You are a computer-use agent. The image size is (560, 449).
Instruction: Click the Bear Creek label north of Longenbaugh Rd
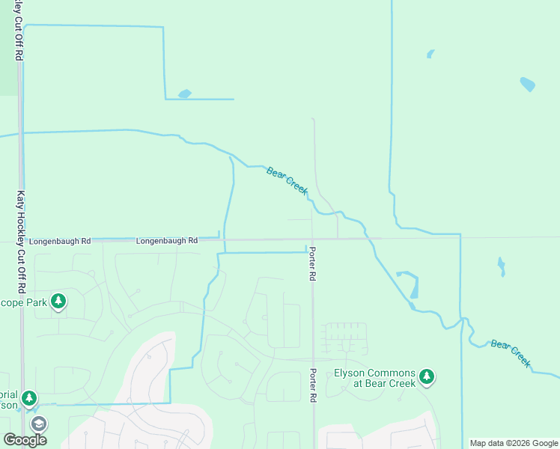[x=287, y=182]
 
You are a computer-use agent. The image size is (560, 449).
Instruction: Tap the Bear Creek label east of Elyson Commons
[x=511, y=354]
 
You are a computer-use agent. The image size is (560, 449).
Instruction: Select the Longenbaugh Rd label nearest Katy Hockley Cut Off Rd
[x=59, y=241]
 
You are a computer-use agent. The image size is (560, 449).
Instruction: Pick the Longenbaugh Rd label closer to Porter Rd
[x=167, y=241]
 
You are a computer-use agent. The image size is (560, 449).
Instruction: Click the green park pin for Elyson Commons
[x=427, y=376]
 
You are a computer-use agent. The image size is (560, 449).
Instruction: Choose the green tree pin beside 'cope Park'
[x=58, y=302]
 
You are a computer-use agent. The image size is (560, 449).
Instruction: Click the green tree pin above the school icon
[x=29, y=398]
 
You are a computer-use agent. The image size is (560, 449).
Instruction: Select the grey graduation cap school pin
[x=38, y=424]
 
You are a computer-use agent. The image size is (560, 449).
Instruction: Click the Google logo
[x=25, y=440]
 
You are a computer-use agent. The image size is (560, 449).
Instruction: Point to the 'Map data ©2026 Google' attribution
[x=514, y=443]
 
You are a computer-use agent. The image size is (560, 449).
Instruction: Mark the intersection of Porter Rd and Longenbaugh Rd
[x=313, y=239]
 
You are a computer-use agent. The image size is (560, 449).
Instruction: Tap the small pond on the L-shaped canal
[x=184, y=94]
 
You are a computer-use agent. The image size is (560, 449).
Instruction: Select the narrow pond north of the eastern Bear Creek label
[x=501, y=266]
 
